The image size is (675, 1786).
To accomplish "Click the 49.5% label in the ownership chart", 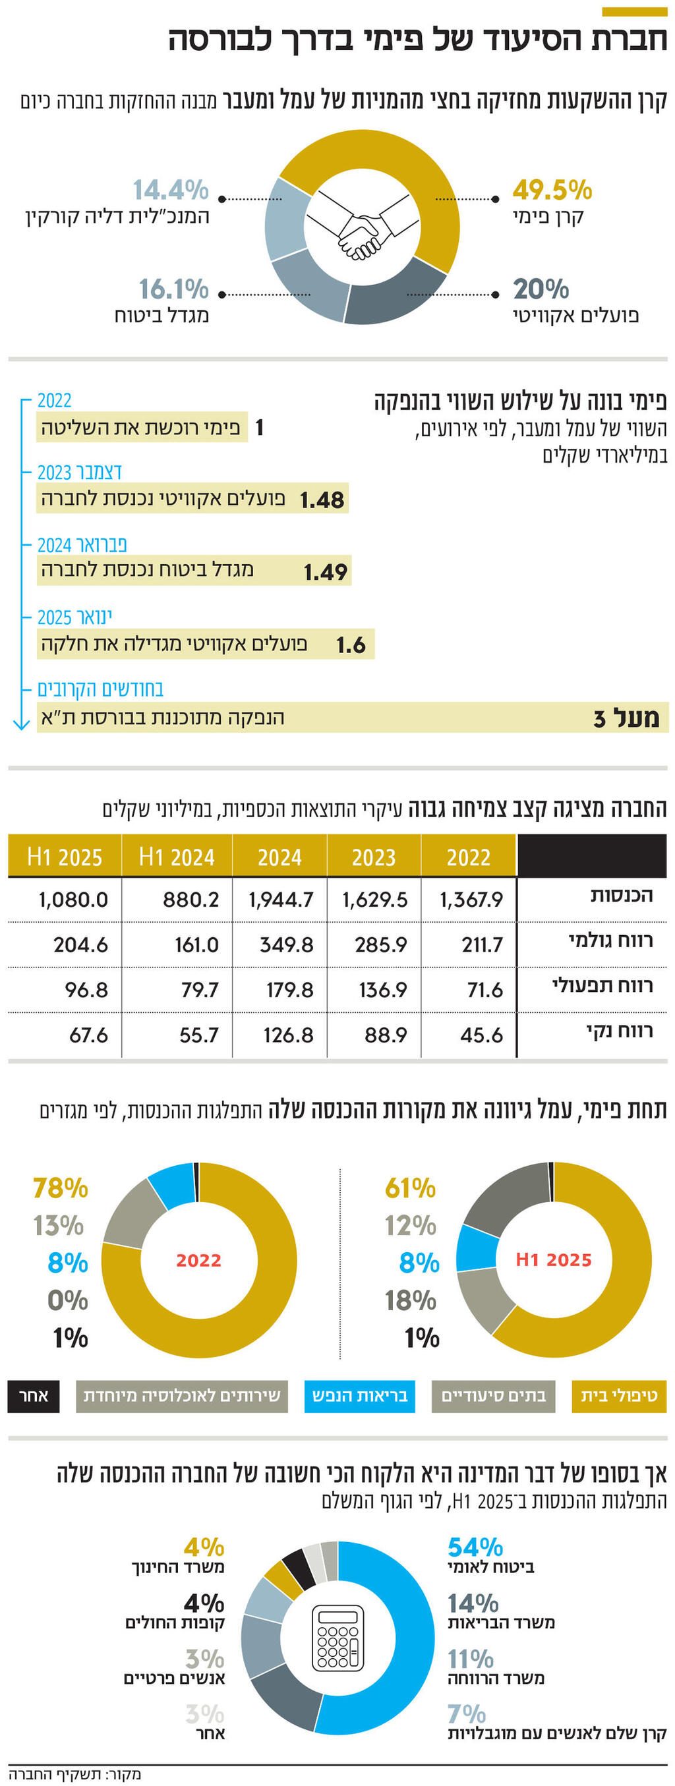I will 552,189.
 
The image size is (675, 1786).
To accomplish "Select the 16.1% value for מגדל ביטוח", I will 173,289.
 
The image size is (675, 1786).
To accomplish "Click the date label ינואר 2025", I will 74,616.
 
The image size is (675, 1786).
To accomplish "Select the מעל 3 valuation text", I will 626,718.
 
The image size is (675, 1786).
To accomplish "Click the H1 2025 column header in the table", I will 65,857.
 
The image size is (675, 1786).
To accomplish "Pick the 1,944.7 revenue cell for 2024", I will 281,900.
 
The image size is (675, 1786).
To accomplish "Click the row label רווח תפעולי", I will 602,986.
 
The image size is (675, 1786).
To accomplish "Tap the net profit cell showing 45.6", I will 481,1035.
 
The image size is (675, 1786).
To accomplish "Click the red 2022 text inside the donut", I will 198,1260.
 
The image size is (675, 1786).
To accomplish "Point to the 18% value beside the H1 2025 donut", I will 411,1300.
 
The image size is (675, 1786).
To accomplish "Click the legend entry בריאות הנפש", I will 359,1396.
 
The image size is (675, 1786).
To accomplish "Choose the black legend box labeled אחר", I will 34,1396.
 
